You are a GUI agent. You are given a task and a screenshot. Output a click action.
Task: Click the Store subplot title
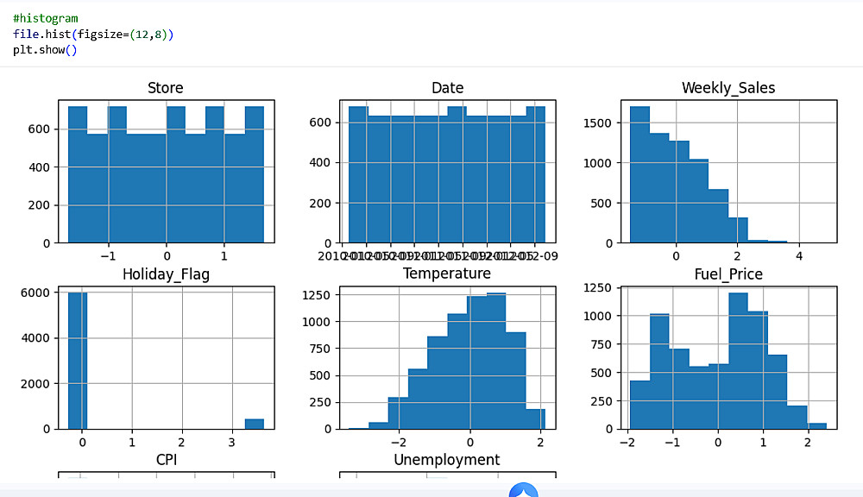click(165, 88)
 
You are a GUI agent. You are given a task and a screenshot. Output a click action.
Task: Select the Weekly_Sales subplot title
click(728, 88)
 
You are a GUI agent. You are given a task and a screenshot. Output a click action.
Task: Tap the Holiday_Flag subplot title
click(166, 274)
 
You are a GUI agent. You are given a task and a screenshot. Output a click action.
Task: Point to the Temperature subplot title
click(446, 274)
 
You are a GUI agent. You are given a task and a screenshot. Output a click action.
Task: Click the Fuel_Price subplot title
click(728, 274)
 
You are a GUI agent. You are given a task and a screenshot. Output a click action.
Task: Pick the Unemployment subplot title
click(446, 460)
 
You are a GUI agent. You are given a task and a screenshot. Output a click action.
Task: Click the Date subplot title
click(447, 88)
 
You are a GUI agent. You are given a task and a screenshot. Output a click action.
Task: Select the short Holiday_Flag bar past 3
click(254, 424)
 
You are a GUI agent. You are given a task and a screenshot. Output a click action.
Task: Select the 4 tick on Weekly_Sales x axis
click(799, 256)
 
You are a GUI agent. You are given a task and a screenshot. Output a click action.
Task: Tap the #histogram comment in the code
click(45, 18)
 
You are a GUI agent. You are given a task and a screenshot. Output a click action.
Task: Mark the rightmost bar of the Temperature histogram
click(535, 418)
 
